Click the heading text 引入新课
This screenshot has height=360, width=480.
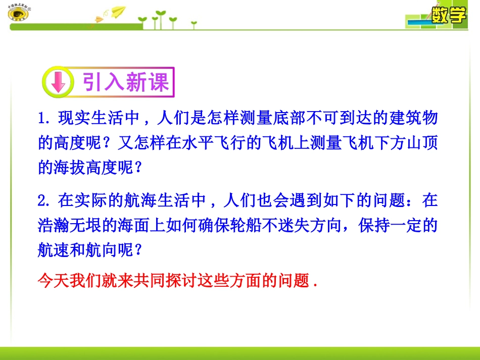point(126,82)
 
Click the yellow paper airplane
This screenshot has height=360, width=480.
point(117,12)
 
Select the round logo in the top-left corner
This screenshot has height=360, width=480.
point(19,13)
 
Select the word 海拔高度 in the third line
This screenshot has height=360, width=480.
point(89,168)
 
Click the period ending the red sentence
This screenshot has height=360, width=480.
point(315,283)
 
